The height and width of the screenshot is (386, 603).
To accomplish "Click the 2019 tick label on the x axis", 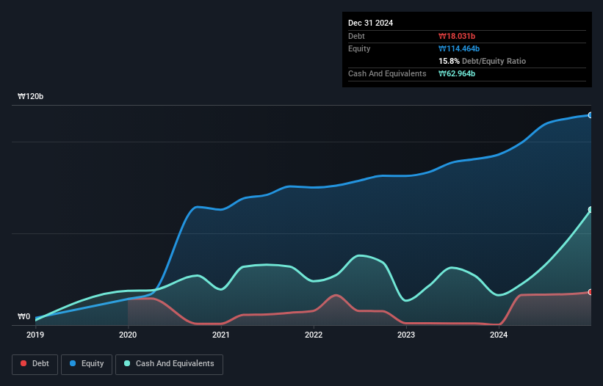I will click(35, 335).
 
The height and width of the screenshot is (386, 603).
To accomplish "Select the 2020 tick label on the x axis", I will click(128, 335).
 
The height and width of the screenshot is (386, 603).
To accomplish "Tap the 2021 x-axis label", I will click(220, 335).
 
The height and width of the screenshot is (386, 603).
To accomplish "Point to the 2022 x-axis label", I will click(314, 335).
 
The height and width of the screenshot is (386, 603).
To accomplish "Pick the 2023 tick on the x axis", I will click(406, 335).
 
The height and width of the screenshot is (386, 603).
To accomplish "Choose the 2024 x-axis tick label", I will click(499, 335).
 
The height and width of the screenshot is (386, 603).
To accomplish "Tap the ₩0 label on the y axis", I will click(24, 317).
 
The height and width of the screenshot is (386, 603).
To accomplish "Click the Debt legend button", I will click(35, 364).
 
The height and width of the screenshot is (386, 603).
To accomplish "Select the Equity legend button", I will click(87, 364).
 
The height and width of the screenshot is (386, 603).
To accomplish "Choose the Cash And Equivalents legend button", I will click(169, 364).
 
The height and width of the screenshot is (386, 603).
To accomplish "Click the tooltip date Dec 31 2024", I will click(371, 23).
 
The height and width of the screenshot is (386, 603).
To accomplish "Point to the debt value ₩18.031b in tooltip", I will click(456, 36).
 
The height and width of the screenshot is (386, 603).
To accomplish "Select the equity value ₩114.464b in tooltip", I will click(459, 48).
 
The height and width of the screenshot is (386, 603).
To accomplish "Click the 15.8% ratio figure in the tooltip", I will click(449, 61).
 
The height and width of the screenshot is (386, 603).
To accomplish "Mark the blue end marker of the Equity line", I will click(591, 115).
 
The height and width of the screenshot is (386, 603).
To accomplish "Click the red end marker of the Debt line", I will click(591, 292).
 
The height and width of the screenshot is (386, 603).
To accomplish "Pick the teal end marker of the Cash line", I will click(591, 210).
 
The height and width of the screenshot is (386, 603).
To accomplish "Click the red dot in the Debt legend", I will click(24, 364).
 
